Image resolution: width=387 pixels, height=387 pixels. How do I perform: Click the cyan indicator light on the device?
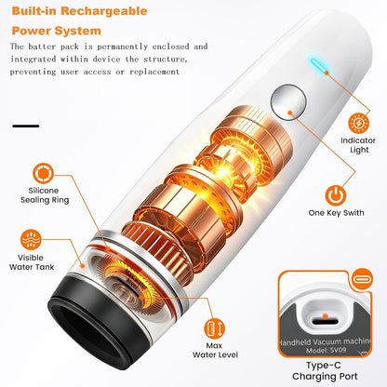[x=318, y=66]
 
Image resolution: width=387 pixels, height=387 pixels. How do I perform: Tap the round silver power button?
[x=288, y=101]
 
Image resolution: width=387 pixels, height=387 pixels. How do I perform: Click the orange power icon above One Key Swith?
[x=336, y=194]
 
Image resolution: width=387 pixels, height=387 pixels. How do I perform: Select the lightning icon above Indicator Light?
[x=359, y=123]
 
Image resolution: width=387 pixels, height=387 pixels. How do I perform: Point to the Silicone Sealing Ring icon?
[x=43, y=173]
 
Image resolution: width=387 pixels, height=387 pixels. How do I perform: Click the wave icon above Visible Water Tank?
[x=31, y=240]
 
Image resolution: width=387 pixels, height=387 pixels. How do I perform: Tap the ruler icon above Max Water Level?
[x=214, y=328]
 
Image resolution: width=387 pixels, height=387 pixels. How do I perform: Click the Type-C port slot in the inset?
[x=325, y=322]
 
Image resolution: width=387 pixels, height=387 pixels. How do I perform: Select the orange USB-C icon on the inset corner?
[x=363, y=279]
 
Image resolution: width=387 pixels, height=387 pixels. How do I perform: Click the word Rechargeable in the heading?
[x=104, y=11]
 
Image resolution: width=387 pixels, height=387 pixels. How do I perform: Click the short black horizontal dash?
[x=26, y=126]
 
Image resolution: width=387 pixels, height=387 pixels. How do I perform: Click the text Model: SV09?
[x=326, y=351]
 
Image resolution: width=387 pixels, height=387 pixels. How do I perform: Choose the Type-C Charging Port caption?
[x=325, y=371]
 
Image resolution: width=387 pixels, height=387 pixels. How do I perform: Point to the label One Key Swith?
[x=336, y=213]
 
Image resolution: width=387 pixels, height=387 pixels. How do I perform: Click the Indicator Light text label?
[x=358, y=145]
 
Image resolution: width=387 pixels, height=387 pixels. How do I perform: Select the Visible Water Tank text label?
[x=32, y=262]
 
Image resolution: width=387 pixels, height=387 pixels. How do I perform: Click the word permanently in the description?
[x=122, y=47]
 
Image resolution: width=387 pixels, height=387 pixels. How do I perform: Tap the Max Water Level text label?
[x=215, y=351]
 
